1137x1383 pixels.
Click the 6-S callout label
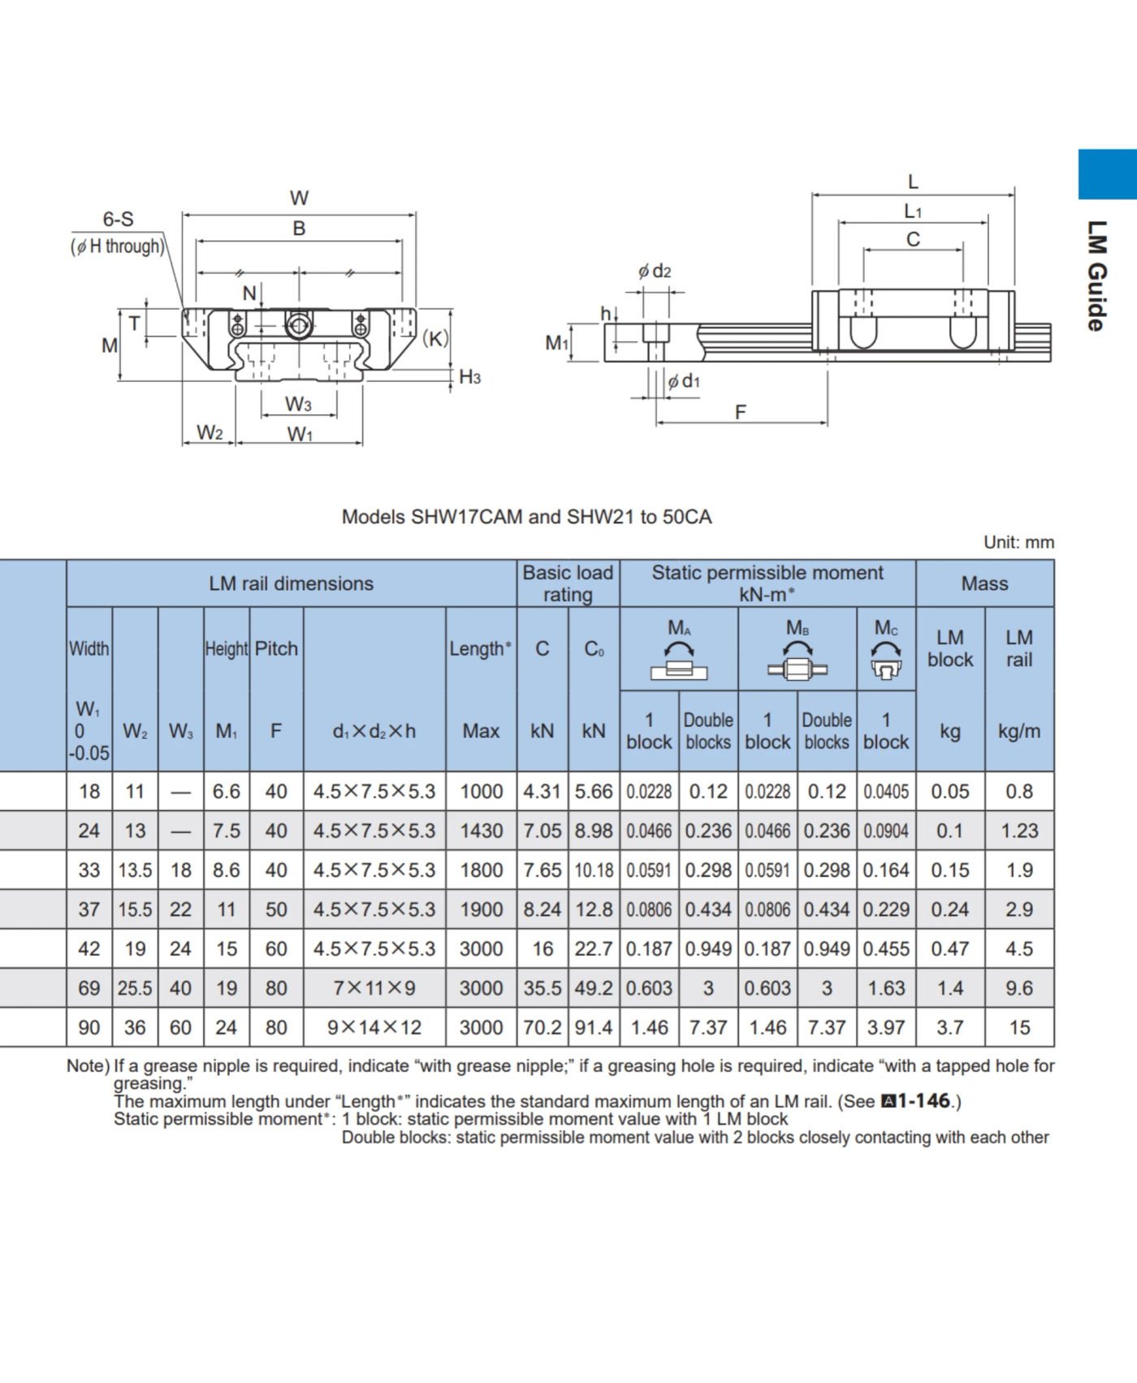click(x=118, y=219)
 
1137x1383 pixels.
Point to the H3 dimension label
click(x=469, y=377)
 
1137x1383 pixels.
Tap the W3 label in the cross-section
click(x=298, y=404)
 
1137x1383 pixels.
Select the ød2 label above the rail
click(x=655, y=271)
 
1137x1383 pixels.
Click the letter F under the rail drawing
click(x=740, y=412)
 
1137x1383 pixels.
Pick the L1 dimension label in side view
click(x=913, y=211)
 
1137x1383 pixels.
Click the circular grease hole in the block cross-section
click(x=298, y=326)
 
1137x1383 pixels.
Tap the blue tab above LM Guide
click(x=1107, y=174)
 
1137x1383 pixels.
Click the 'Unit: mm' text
click(x=1018, y=542)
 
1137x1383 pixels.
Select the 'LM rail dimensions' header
click(x=291, y=583)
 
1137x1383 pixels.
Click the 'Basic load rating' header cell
click(x=568, y=583)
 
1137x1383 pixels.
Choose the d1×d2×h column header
click(x=374, y=731)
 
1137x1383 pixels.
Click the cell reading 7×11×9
click(x=374, y=988)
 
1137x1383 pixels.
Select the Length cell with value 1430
click(x=481, y=830)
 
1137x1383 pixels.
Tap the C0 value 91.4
click(x=594, y=1028)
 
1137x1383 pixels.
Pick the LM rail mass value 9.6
click(x=1018, y=988)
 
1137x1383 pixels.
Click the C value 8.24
click(x=542, y=909)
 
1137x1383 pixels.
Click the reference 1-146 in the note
click(x=923, y=1101)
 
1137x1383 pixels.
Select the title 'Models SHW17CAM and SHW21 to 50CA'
click(x=526, y=517)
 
